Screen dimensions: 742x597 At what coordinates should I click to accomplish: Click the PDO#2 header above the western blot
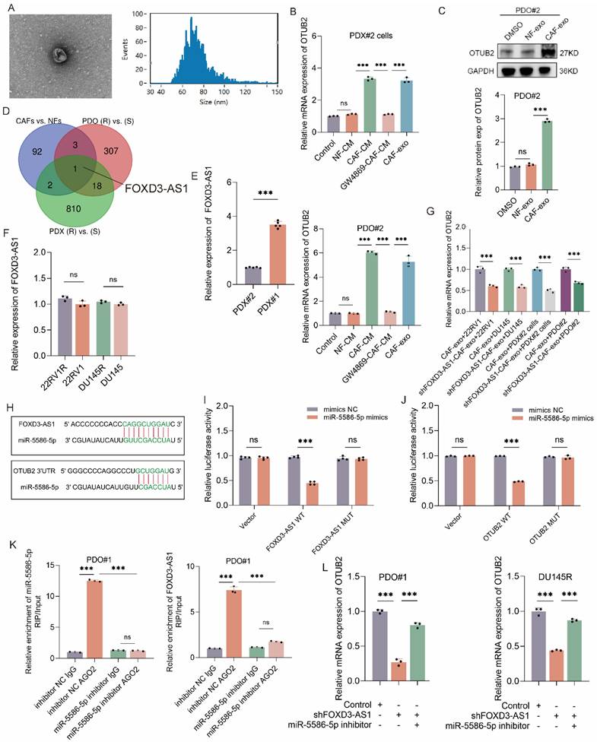click(x=516, y=11)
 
